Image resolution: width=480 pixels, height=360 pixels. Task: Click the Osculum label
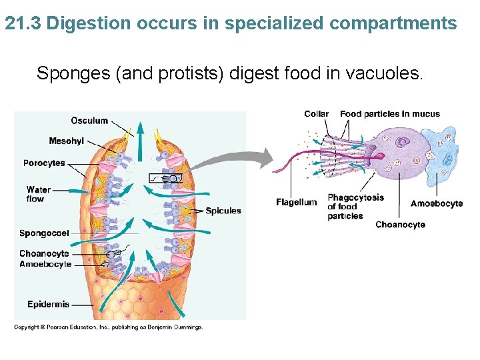tap(89, 121)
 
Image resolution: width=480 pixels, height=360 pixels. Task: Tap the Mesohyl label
tap(66, 141)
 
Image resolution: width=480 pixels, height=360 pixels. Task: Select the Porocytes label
tap(44, 163)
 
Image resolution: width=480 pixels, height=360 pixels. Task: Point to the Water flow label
tap(38, 194)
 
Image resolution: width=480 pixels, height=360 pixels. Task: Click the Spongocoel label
tap(44, 233)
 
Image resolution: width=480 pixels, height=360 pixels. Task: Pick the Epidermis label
tap(48, 305)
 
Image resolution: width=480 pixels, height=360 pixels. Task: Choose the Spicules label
tap(223, 211)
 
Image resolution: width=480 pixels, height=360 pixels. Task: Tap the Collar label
tap(316, 114)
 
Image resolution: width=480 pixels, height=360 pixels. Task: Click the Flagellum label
tap(297, 203)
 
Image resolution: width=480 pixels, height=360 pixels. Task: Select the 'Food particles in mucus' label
tap(390, 114)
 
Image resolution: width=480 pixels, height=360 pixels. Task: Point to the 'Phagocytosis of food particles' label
tap(355, 207)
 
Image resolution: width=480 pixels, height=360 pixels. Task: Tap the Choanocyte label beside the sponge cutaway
tap(44, 253)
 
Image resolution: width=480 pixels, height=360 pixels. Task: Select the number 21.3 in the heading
tap(23, 24)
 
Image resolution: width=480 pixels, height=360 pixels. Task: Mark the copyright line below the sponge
tap(109, 327)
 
